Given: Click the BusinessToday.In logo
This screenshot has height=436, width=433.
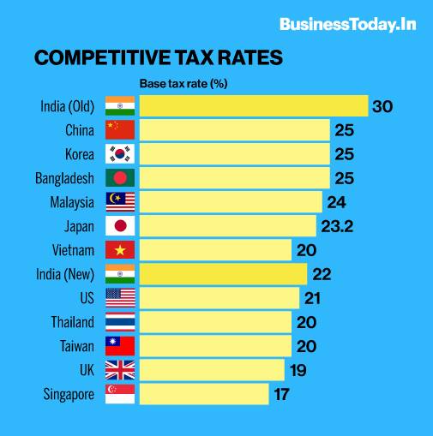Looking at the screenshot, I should tap(347, 24).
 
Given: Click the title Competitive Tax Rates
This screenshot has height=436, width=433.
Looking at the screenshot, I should tap(159, 58).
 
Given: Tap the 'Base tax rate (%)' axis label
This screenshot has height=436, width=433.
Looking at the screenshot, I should tap(183, 84).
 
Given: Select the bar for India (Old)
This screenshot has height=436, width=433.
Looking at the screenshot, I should tap(253, 106).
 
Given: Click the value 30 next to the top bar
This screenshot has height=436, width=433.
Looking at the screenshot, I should tap(382, 106).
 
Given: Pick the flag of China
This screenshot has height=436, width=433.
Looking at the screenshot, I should tap(119, 130).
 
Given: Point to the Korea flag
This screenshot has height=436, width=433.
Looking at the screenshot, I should tap(119, 154).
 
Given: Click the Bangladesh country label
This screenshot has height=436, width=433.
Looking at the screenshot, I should tap(65, 178).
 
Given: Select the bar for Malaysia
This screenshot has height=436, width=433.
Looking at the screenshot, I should tap(230, 202).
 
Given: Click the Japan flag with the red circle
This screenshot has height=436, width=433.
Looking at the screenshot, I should tap(119, 226).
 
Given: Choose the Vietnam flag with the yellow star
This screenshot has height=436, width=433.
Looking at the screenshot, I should tap(119, 250).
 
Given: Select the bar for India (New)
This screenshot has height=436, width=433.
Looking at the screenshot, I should tap(223, 274).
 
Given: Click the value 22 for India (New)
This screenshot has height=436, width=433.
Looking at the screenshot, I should tap(322, 274).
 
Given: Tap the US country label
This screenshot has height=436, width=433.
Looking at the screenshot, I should tap(86, 298).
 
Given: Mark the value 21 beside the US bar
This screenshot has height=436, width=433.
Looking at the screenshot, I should tap(314, 298).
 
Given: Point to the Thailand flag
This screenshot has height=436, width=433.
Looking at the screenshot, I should tap(119, 322).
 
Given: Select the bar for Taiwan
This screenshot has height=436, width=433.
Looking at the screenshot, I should tap(215, 346).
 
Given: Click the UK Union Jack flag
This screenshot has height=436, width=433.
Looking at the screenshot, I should tap(119, 370).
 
